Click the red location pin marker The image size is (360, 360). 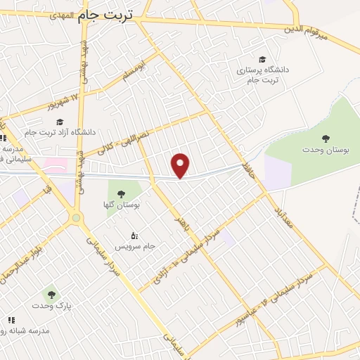181,165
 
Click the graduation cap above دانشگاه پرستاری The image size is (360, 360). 262,59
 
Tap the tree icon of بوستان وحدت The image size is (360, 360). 325,139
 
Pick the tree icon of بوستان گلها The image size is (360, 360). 121,193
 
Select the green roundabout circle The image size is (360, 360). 76,218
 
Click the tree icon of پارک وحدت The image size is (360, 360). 50,293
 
